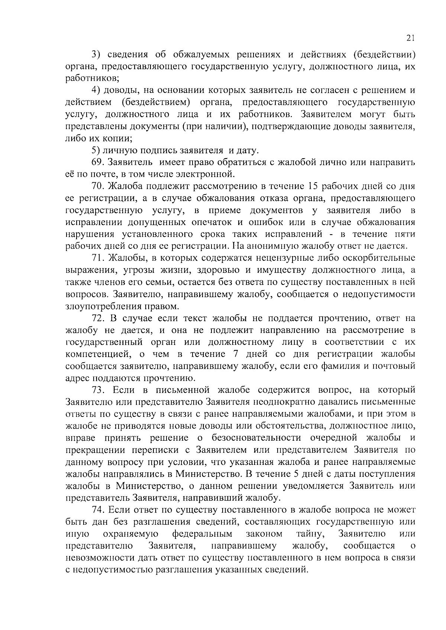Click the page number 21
tap(410, 38)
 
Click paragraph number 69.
tap(97, 163)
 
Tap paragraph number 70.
tap(98, 186)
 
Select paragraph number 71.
tap(97, 258)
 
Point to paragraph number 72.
tap(98, 318)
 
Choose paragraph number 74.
tap(98, 510)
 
